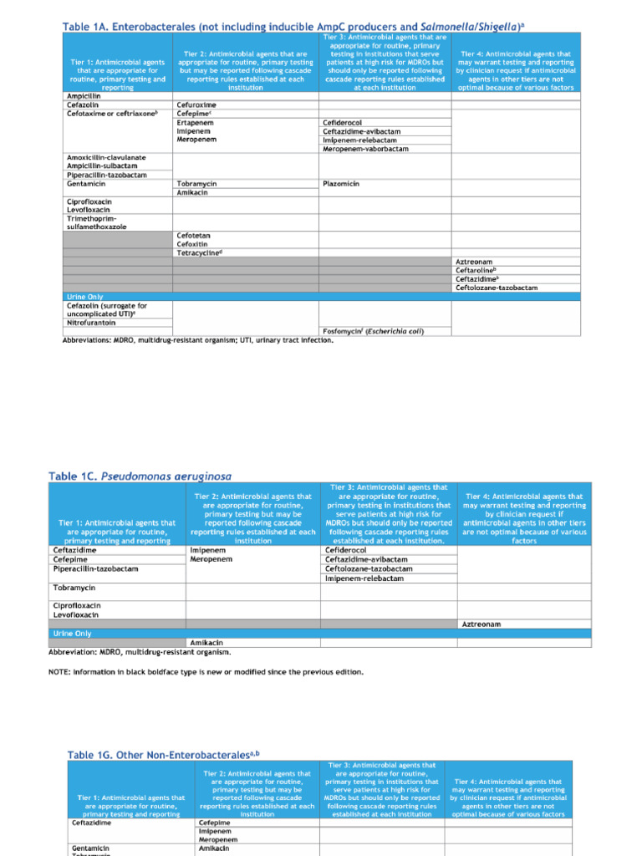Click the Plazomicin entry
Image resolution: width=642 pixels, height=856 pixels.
coord(341,184)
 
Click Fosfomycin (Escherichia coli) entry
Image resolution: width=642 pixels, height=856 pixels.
coord(373,332)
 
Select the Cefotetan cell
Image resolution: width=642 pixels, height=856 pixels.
coord(193,235)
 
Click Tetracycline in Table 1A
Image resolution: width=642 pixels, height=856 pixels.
coord(199,252)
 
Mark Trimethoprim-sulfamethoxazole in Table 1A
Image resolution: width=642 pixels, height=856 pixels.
coord(97,222)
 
